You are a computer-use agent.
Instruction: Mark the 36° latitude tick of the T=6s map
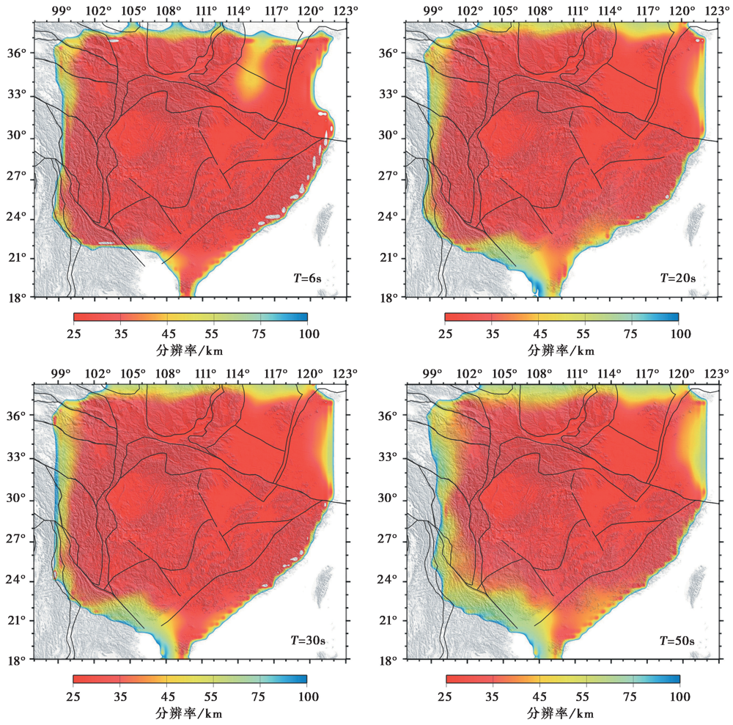pos(18,54)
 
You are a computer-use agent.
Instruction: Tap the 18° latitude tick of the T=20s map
pos(390,298)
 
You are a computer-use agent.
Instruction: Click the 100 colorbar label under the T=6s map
pos(308,334)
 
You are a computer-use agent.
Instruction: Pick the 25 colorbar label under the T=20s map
pos(445,334)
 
